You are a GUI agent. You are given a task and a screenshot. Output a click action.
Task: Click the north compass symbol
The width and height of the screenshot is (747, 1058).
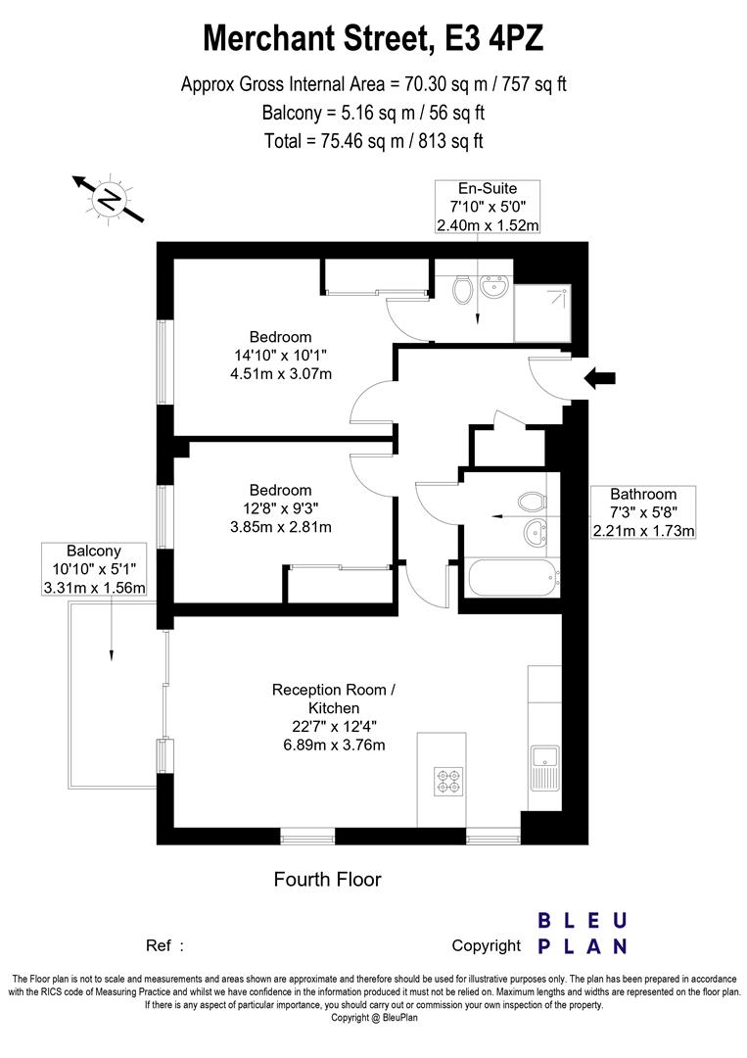(x=109, y=200)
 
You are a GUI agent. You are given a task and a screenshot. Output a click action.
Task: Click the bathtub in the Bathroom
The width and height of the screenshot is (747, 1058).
(x=512, y=578)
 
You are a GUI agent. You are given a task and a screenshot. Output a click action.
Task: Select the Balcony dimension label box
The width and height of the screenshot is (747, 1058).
(x=94, y=569)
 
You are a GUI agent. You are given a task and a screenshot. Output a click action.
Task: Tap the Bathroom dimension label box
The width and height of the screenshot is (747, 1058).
(x=643, y=512)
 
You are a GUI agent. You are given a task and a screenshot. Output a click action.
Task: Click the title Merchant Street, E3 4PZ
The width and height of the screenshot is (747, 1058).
(x=373, y=39)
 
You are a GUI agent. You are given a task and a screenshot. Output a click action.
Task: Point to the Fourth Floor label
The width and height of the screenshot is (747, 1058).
(x=327, y=880)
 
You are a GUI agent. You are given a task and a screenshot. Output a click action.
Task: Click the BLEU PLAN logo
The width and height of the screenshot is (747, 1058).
(x=583, y=933)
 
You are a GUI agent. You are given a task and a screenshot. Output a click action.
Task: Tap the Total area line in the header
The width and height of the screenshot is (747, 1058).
(x=373, y=140)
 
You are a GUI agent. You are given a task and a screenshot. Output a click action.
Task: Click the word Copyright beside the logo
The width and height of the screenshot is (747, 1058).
(x=486, y=945)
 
